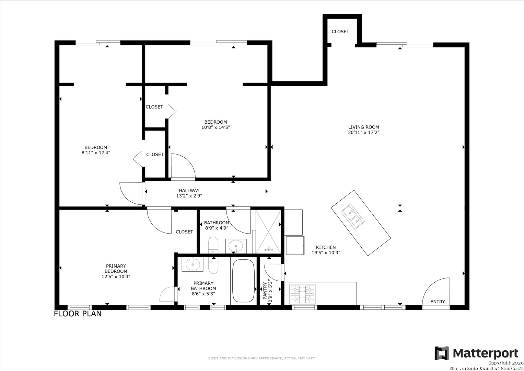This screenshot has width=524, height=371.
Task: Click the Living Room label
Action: coord(363,127)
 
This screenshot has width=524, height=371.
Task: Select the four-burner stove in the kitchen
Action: coord(302,294)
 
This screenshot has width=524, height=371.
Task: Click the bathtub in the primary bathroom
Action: coord(243,281)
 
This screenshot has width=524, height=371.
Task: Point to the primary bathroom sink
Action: coord(193,264)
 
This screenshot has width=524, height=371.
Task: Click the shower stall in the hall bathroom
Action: coord(268,232)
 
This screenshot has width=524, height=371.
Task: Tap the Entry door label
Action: coord(438,302)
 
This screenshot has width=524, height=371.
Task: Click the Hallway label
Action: coord(189,190)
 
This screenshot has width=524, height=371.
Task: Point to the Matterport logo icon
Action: coord(442,353)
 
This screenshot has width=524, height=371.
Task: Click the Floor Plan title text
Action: coord(78,314)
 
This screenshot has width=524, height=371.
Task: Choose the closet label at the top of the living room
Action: coord(340,31)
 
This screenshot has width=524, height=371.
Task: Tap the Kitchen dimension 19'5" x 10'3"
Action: coord(326,252)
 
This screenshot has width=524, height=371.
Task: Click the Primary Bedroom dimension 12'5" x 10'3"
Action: coord(116,277)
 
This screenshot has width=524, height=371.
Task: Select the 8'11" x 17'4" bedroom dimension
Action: coord(96,153)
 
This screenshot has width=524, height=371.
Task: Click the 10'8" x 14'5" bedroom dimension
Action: coord(216,127)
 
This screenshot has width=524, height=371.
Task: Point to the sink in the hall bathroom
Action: coord(236,246)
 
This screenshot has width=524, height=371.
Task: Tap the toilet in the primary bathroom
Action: coord(213,265)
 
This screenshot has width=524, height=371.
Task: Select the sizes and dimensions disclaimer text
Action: coord(262,358)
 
